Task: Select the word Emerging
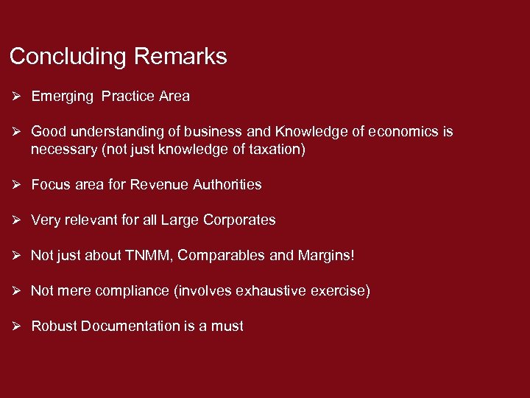[62, 97]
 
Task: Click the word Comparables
[222, 256]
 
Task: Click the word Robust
[53, 327]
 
